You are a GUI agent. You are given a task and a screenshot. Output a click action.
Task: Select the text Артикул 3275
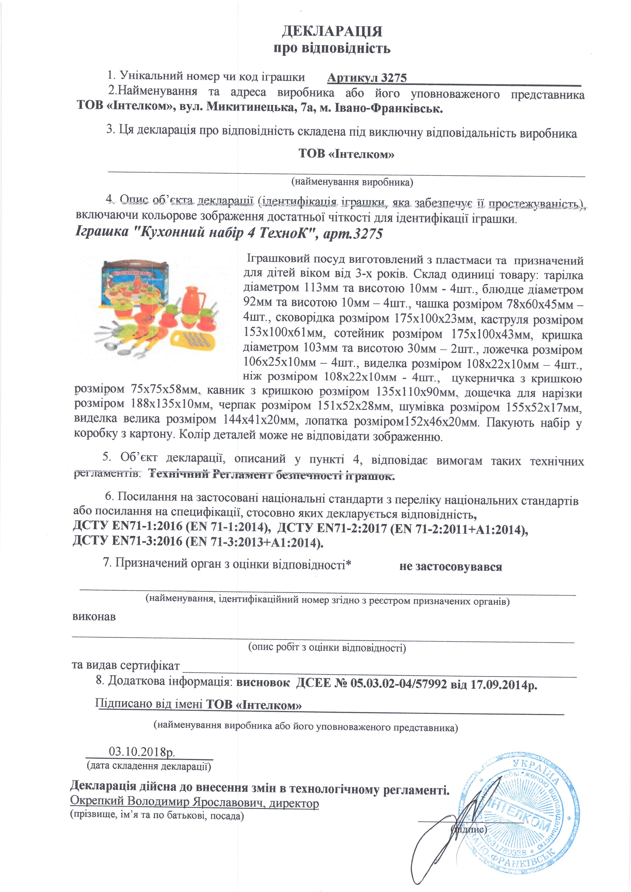coord(367,78)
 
